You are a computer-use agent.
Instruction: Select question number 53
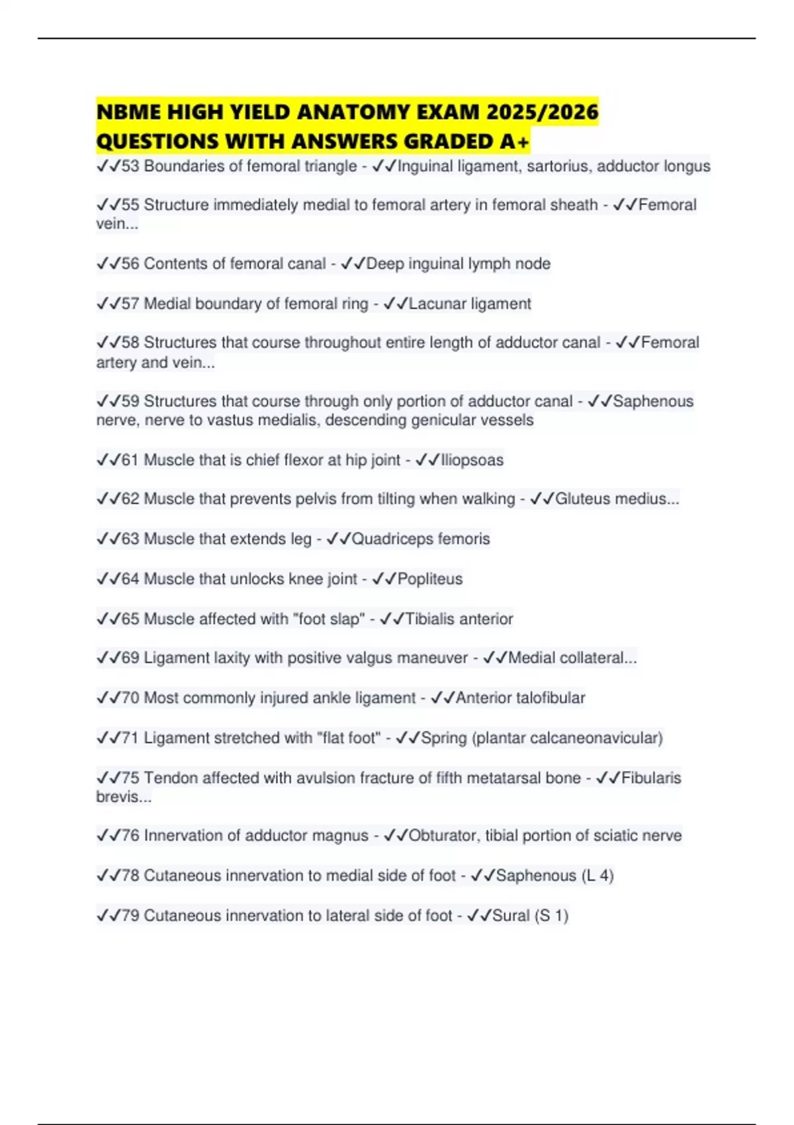130,166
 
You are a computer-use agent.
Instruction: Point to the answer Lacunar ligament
470,304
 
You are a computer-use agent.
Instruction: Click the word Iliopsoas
472,460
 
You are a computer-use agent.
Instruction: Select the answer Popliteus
430,579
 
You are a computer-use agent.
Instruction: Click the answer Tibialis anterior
459,619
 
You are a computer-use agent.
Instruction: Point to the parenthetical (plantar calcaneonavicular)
567,738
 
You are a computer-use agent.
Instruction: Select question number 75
130,778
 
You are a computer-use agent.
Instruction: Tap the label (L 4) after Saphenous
597,876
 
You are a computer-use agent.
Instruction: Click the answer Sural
511,915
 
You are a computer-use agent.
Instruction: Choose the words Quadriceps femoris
421,539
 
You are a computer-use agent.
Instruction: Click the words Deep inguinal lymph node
459,263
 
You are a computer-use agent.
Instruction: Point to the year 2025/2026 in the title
542,112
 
